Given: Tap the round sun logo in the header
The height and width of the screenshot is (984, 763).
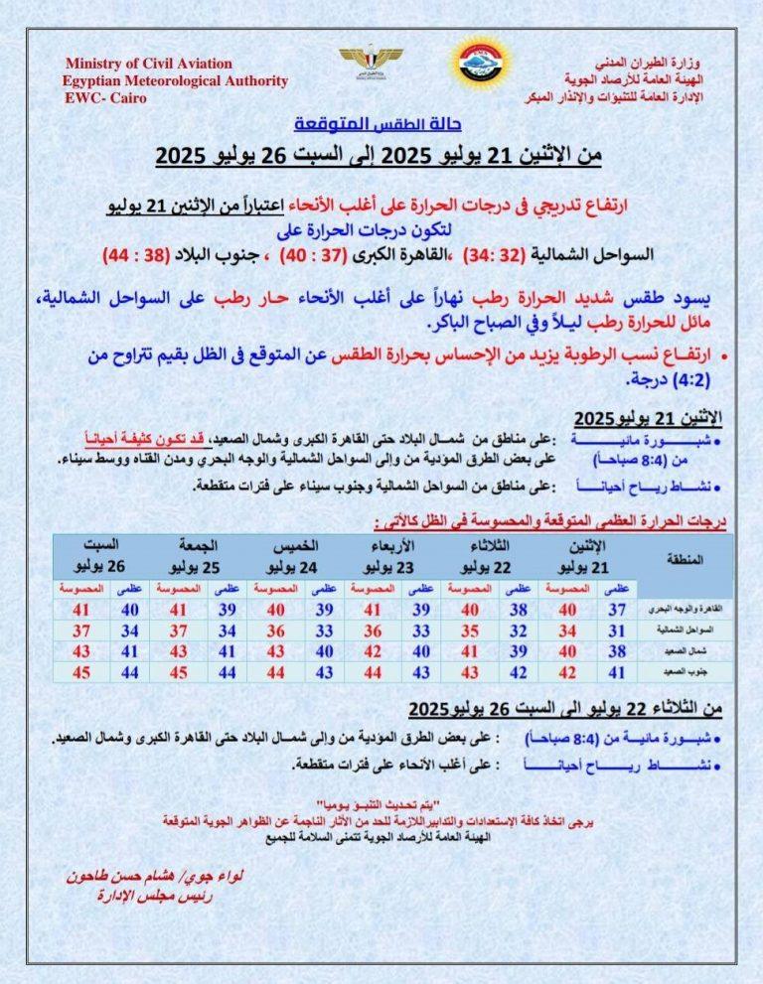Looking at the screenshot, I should (479, 63).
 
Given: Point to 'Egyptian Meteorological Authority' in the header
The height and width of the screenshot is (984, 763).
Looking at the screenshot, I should (175, 81).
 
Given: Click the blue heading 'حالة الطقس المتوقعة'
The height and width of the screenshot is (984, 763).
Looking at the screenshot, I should (382, 126).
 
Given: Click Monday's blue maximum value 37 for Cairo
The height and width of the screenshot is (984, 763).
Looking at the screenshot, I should (617, 608).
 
